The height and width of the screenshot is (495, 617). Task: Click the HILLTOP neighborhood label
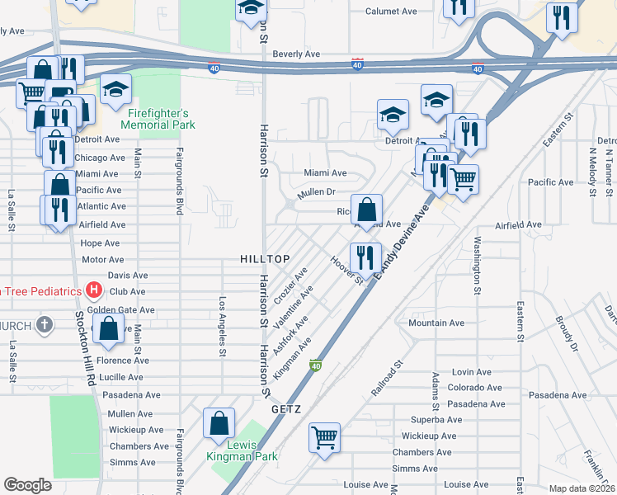(x=265, y=259)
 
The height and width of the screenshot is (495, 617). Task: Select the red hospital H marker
(x=94, y=290)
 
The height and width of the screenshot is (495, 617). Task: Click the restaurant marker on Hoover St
(x=365, y=257)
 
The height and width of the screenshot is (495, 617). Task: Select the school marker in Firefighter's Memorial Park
(x=116, y=87)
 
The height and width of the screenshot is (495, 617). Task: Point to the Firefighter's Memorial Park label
(x=158, y=119)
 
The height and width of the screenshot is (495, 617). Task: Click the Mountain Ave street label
(x=437, y=323)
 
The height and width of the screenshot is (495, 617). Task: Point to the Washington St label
(x=477, y=265)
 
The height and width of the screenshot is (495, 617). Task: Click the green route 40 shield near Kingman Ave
(x=315, y=364)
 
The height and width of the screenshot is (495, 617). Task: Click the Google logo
(x=27, y=485)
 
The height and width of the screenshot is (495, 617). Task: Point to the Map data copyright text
(x=581, y=488)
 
